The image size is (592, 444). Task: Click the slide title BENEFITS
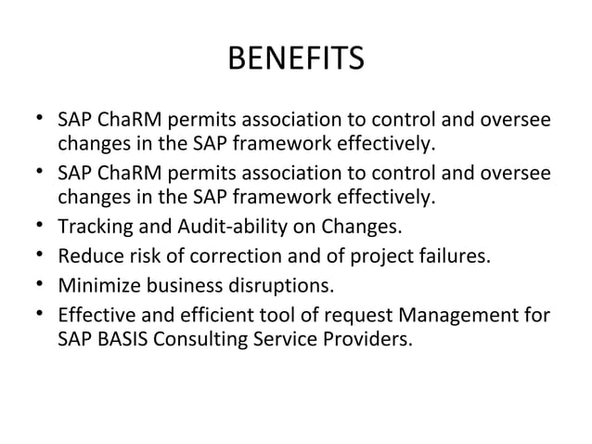(x=296, y=62)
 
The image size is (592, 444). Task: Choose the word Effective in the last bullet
(x=96, y=314)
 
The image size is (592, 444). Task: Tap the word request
(x=354, y=314)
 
